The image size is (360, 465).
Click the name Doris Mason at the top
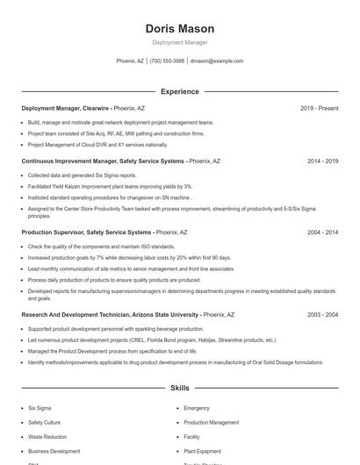coord(179,29)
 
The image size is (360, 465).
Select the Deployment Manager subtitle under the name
coord(179,42)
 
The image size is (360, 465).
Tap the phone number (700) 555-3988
coord(167,61)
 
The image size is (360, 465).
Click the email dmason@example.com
coord(216,61)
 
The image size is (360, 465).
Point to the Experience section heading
coord(179,91)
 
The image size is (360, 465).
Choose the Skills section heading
coord(179,387)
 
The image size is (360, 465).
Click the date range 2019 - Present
coord(319,108)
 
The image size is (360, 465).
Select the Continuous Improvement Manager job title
coord(103,161)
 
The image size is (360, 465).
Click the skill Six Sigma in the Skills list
coord(40,408)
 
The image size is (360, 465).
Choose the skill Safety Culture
coord(45,422)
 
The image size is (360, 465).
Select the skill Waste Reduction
coord(47,436)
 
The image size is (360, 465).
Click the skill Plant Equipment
coord(202,451)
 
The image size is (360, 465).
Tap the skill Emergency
coord(197,408)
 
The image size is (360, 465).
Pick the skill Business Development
coord(54,451)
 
